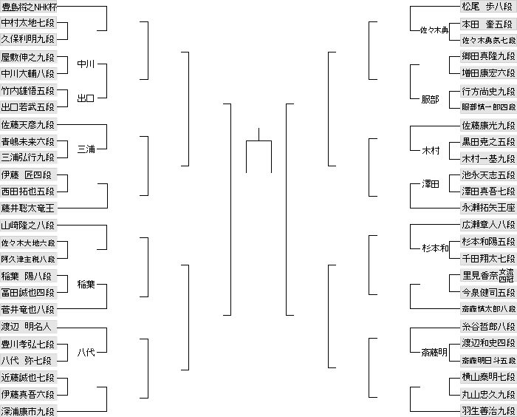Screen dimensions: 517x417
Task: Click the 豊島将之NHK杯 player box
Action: [x=29, y=7]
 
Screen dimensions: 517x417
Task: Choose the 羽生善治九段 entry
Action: [x=488, y=410]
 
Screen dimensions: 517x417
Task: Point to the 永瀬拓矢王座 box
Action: [x=488, y=208]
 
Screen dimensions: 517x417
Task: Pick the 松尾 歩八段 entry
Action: [x=488, y=7]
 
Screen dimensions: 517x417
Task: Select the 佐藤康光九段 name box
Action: [x=488, y=125]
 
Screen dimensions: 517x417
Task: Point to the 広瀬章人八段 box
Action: [x=488, y=226]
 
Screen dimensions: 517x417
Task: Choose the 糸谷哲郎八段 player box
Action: [x=488, y=326]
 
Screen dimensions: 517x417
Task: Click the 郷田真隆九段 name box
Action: [x=488, y=56]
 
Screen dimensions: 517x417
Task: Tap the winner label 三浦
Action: [x=86, y=149]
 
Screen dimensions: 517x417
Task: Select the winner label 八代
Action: [x=86, y=352]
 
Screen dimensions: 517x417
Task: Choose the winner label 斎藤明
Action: [x=434, y=352]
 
